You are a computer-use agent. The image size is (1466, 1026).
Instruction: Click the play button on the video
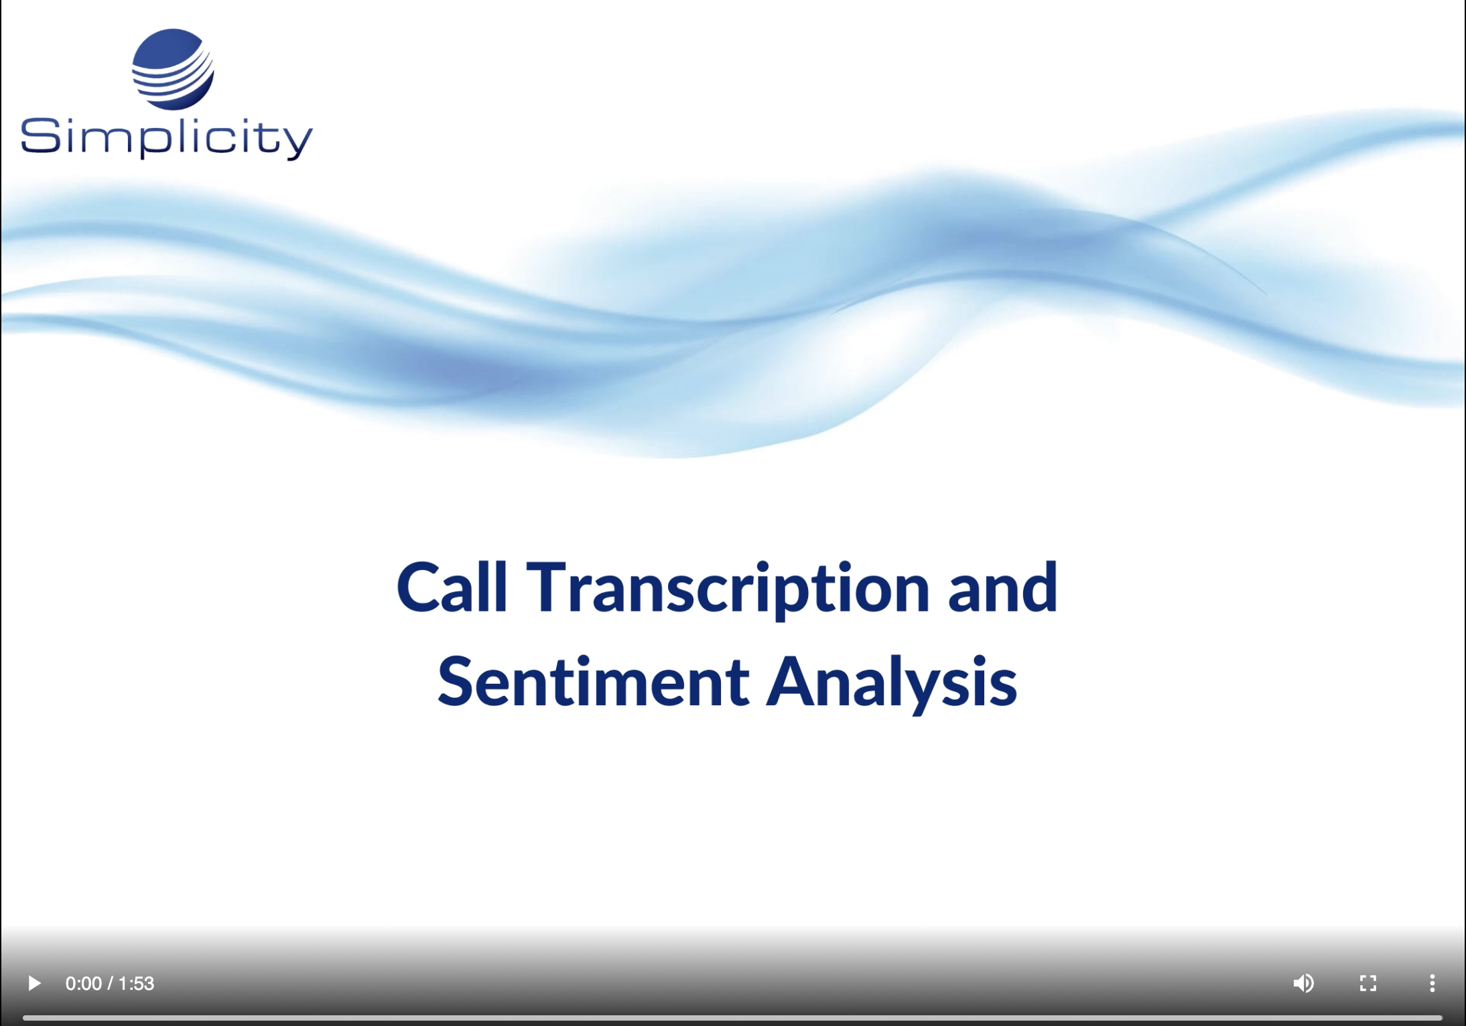[34, 983]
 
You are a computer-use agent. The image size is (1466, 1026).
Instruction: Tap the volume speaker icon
[1303, 983]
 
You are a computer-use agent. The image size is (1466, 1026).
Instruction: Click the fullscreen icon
[1368, 983]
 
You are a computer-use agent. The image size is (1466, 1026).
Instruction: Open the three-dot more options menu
[1432, 983]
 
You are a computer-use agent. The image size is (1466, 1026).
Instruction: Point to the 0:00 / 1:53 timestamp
[110, 983]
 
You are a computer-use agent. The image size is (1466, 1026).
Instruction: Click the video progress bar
[732, 1018]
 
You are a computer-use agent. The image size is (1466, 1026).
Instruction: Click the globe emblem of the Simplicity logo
[173, 69]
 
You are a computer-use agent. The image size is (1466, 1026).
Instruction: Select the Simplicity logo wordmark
[167, 139]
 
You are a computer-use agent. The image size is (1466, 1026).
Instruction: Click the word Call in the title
[452, 587]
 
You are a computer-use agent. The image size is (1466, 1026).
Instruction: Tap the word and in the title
[1003, 587]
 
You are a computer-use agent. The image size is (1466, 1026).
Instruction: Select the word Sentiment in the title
[593, 682]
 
